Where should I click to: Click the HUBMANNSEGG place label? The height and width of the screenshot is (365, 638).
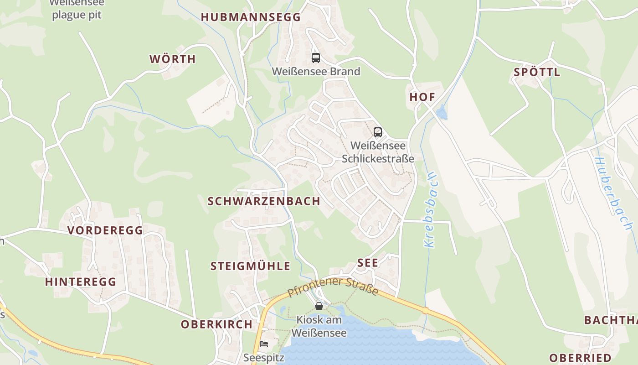(x=251, y=17)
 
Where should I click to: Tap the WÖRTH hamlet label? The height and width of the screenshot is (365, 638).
(x=173, y=59)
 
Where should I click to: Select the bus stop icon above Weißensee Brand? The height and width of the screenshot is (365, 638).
(x=316, y=58)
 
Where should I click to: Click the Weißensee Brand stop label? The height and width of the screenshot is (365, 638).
(x=316, y=71)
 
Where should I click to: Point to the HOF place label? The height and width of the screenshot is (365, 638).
(x=422, y=97)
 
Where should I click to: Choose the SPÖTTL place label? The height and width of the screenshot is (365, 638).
(x=537, y=72)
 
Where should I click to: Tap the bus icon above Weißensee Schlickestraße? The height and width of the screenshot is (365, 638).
(x=378, y=132)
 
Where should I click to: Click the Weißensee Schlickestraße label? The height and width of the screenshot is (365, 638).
(x=378, y=152)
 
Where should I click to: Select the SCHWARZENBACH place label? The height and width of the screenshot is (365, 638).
(x=264, y=201)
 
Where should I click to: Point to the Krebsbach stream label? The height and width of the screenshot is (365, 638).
(x=430, y=210)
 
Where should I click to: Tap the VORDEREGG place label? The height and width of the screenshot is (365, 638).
(x=105, y=230)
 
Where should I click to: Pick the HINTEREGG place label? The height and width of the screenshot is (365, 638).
(x=81, y=282)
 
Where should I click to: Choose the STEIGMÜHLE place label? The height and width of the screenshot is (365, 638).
(x=250, y=266)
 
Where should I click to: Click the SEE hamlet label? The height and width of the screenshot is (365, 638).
(x=368, y=263)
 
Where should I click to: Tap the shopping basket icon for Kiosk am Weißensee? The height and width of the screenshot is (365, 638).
(x=319, y=306)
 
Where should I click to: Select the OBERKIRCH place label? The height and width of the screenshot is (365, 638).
(x=216, y=324)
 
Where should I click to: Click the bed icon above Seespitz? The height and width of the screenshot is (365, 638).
(x=264, y=344)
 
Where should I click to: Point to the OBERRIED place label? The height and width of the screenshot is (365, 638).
(x=580, y=358)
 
